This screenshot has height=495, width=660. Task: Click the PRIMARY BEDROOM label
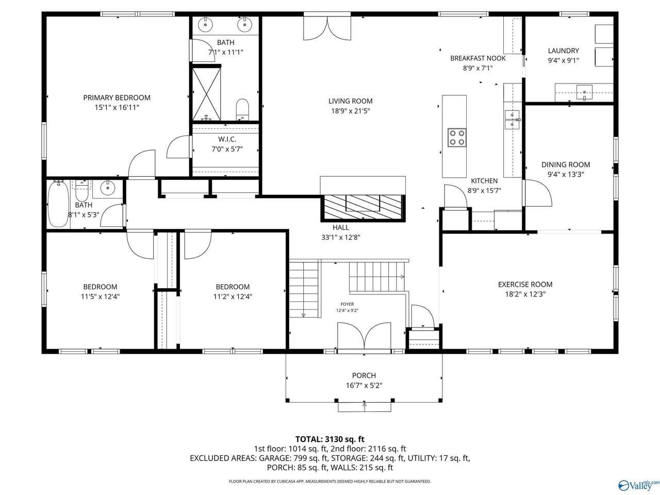(x=117, y=97)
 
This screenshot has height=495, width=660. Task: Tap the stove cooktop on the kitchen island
(x=457, y=137)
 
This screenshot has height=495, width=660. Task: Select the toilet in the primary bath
(x=242, y=109)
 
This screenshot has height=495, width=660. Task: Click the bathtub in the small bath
(x=58, y=204)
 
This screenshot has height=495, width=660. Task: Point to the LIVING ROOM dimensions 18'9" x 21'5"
(x=350, y=111)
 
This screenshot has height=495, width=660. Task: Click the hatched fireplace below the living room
(x=363, y=207)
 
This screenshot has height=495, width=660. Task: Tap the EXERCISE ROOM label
(x=525, y=284)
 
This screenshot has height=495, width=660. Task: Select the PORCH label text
(x=364, y=375)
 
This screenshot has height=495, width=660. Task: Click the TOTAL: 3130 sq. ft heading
(x=330, y=439)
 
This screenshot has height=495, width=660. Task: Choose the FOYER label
(x=348, y=304)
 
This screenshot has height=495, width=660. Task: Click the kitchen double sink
(x=512, y=120)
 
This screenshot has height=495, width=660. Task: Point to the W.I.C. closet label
(x=227, y=139)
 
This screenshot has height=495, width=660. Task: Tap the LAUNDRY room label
(x=563, y=51)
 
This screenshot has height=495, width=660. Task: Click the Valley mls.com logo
(x=639, y=485)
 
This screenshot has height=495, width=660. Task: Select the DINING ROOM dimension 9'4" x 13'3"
(x=566, y=174)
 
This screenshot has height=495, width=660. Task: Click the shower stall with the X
(x=206, y=93)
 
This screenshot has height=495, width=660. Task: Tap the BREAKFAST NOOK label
(x=478, y=58)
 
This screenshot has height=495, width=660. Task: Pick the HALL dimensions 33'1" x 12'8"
(x=341, y=237)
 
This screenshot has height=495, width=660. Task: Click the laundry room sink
(x=584, y=92)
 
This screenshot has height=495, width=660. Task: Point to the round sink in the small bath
(x=107, y=188)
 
